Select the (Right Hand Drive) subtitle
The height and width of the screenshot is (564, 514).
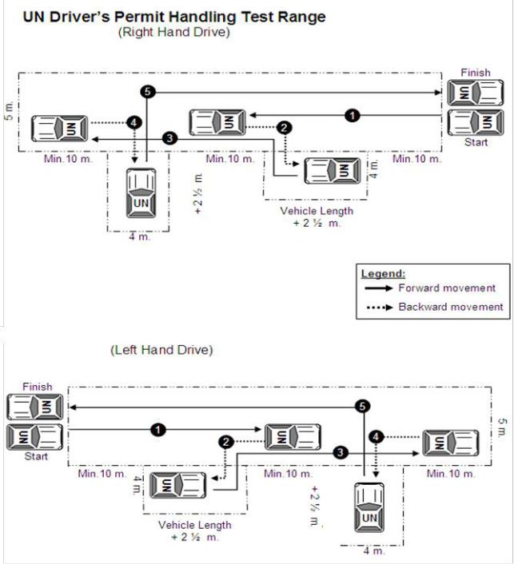(173, 33)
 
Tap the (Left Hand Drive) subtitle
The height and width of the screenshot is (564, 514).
(161, 350)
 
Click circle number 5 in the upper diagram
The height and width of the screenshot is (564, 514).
(145, 92)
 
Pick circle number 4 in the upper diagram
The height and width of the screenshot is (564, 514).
(134, 123)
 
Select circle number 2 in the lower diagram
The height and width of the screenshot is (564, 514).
(226, 441)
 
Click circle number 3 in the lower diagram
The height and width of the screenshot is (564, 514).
(341, 452)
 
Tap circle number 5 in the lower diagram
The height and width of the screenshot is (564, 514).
(363, 407)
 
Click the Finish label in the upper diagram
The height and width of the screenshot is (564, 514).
(475, 73)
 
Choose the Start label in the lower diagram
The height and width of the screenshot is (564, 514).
(35, 457)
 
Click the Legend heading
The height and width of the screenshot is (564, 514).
(383, 273)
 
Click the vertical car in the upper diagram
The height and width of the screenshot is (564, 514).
(141, 192)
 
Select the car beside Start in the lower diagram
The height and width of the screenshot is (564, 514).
(35, 436)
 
